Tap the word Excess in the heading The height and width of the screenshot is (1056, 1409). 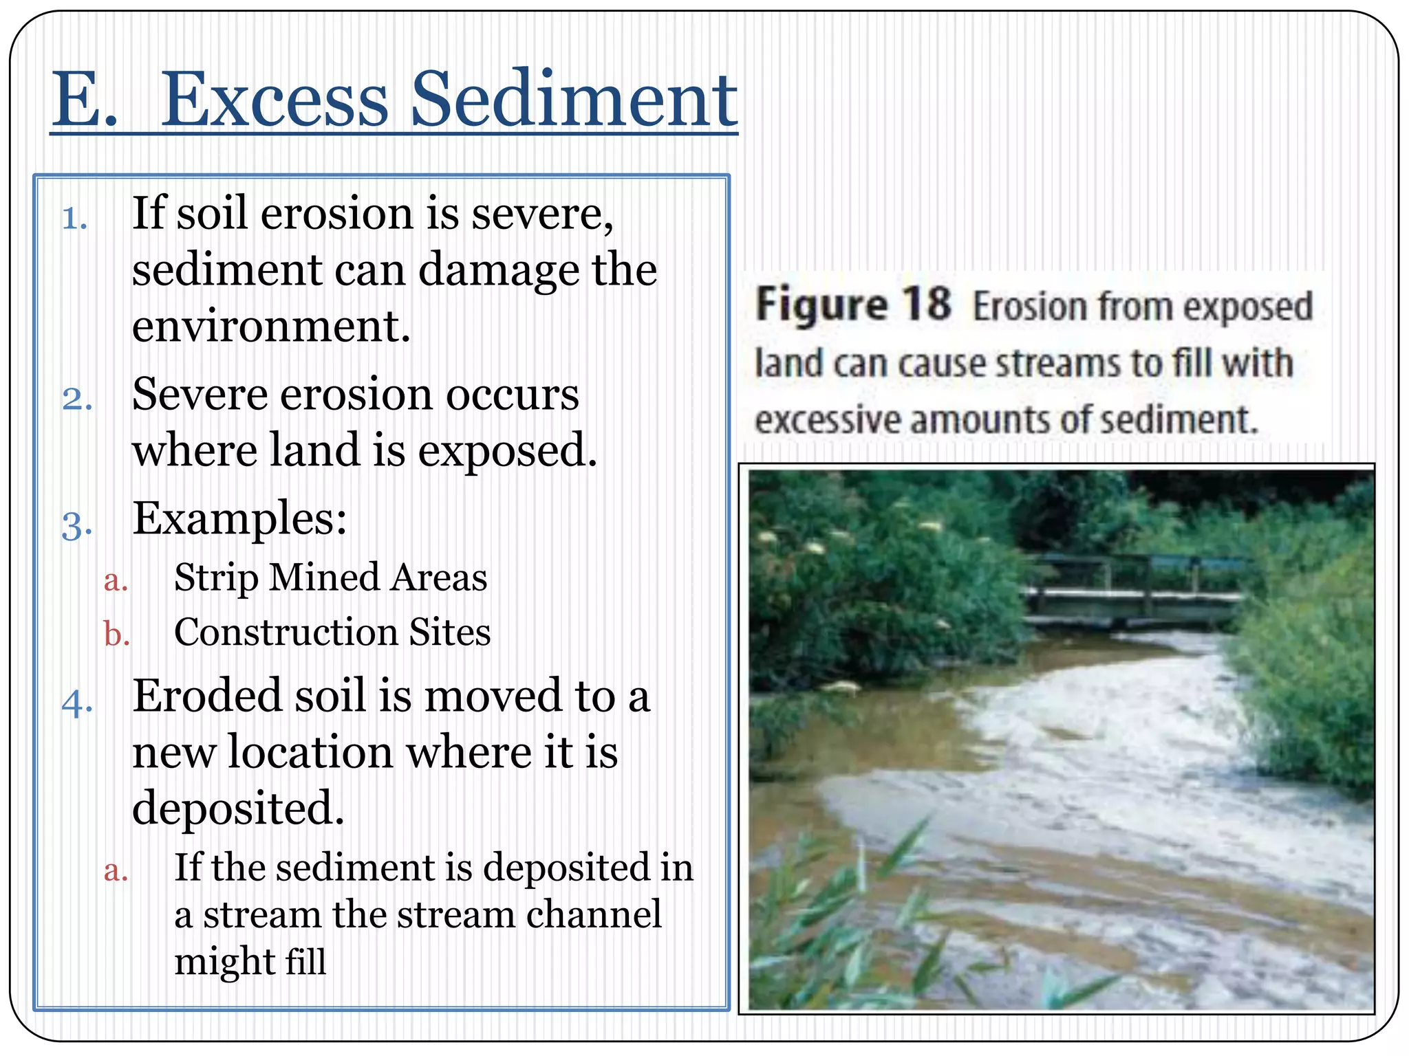[x=275, y=100]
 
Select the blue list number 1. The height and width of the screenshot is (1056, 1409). [x=74, y=219]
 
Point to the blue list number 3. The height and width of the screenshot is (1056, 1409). [x=76, y=527]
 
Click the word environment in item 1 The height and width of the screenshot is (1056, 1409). [x=271, y=326]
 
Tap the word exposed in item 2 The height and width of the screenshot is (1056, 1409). [x=508, y=452]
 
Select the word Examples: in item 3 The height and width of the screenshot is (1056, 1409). [x=239, y=518]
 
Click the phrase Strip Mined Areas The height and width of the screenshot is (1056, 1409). [x=330, y=577]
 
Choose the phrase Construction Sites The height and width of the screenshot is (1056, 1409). [x=332, y=632]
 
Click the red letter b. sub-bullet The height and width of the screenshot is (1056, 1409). [x=117, y=634]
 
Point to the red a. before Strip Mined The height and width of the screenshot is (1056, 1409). [x=116, y=580]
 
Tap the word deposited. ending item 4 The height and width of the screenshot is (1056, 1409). [x=238, y=808]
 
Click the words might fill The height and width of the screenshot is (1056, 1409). [x=250, y=962]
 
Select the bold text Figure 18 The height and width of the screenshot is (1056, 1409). [x=853, y=305]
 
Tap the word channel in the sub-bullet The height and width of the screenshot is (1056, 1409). [x=593, y=915]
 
